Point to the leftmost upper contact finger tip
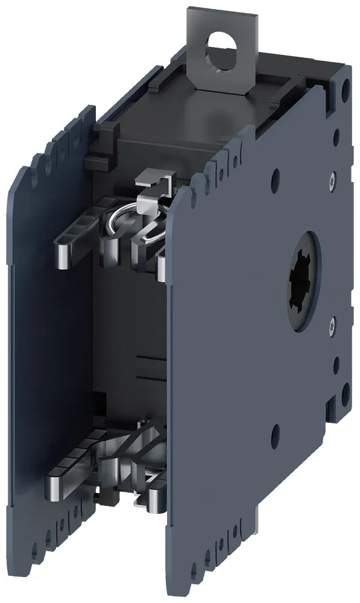coord(62,251)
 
